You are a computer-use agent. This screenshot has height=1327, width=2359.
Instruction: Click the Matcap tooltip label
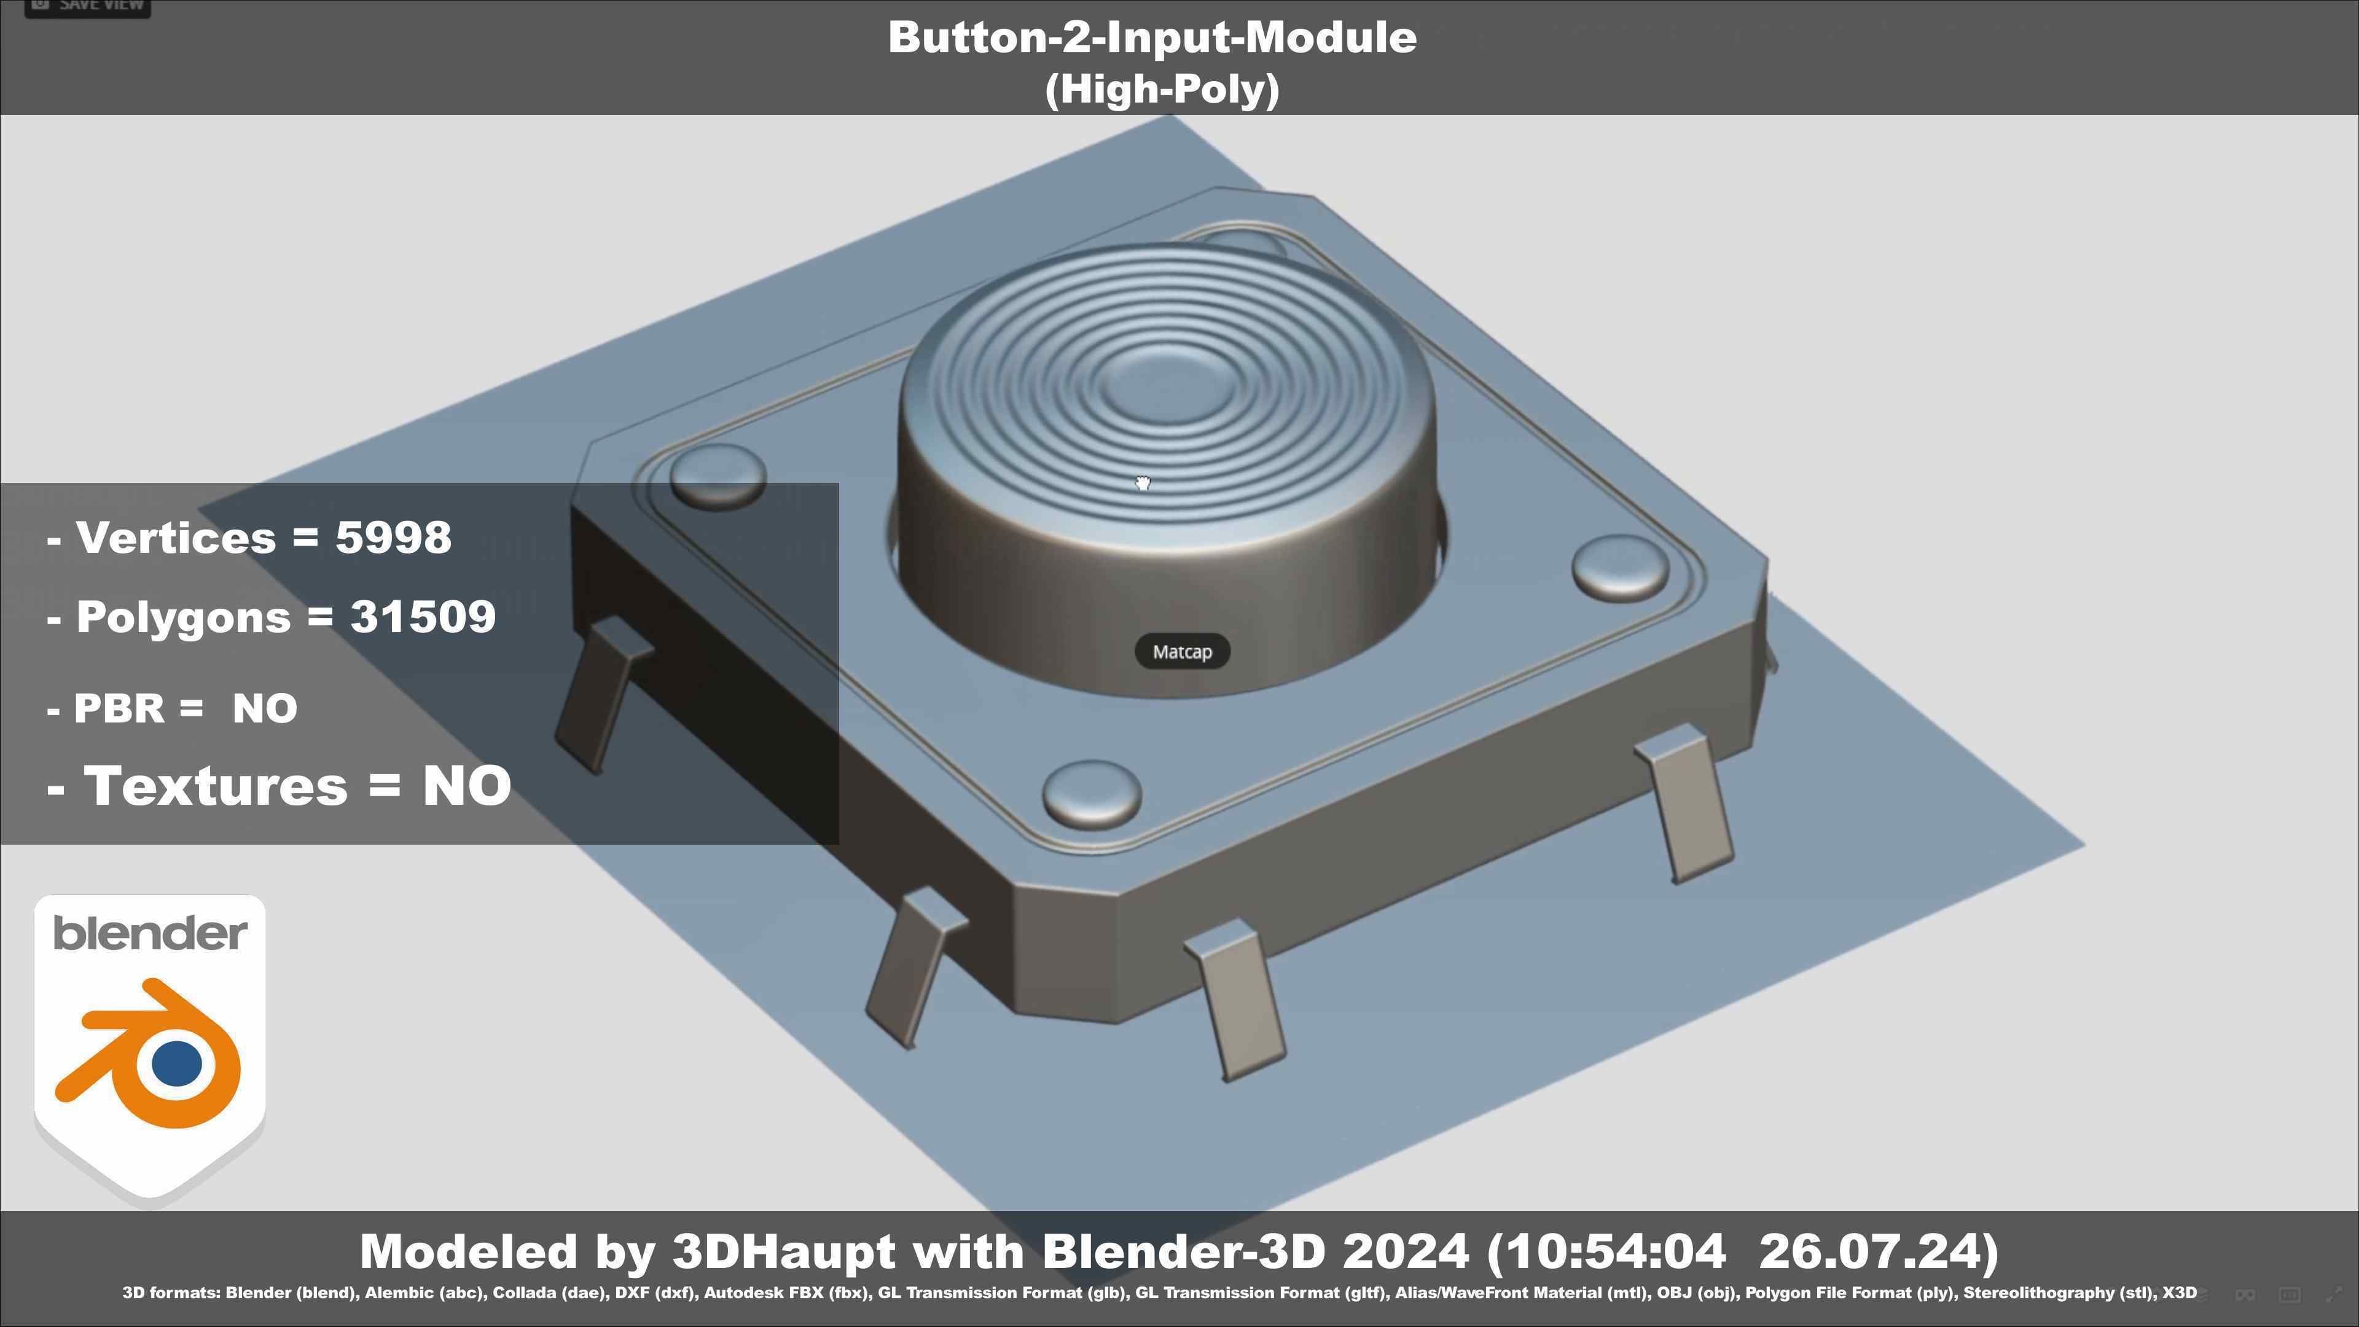click(x=1181, y=652)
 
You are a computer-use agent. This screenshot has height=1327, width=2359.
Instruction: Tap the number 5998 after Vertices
click(x=393, y=537)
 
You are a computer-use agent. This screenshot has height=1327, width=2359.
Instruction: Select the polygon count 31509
click(x=423, y=616)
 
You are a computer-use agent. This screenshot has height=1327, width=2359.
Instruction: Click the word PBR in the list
click(x=119, y=708)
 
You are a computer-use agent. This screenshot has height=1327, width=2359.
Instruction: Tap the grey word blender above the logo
click(x=149, y=933)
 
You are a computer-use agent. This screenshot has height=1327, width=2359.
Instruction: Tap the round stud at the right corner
click(x=1620, y=568)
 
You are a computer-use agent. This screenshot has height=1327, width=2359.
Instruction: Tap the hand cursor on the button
click(x=1143, y=483)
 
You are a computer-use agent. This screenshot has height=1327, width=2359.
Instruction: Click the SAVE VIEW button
click(x=87, y=6)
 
